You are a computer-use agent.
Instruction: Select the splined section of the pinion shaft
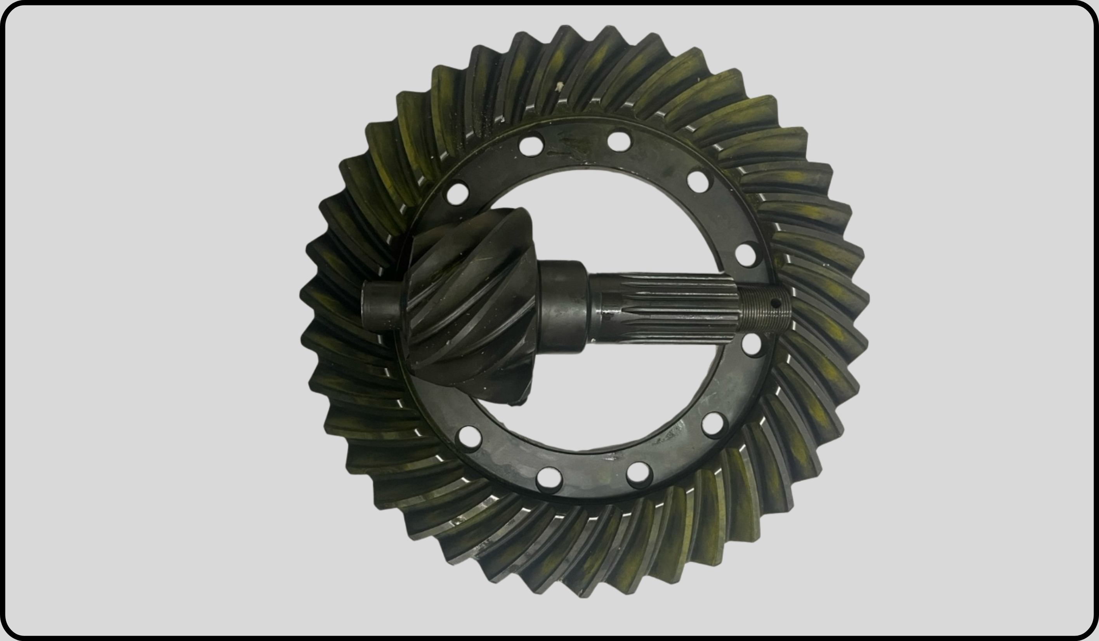[x=663, y=308]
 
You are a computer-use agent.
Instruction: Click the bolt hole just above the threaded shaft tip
[x=746, y=255]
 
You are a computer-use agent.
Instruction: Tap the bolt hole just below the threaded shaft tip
[x=752, y=345]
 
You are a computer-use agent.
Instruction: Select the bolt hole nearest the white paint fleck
[x=531, y=146]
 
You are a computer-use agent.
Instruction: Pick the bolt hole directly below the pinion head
[x=470, y=437]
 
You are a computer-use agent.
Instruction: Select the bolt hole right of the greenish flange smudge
[x=619, y=141]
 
